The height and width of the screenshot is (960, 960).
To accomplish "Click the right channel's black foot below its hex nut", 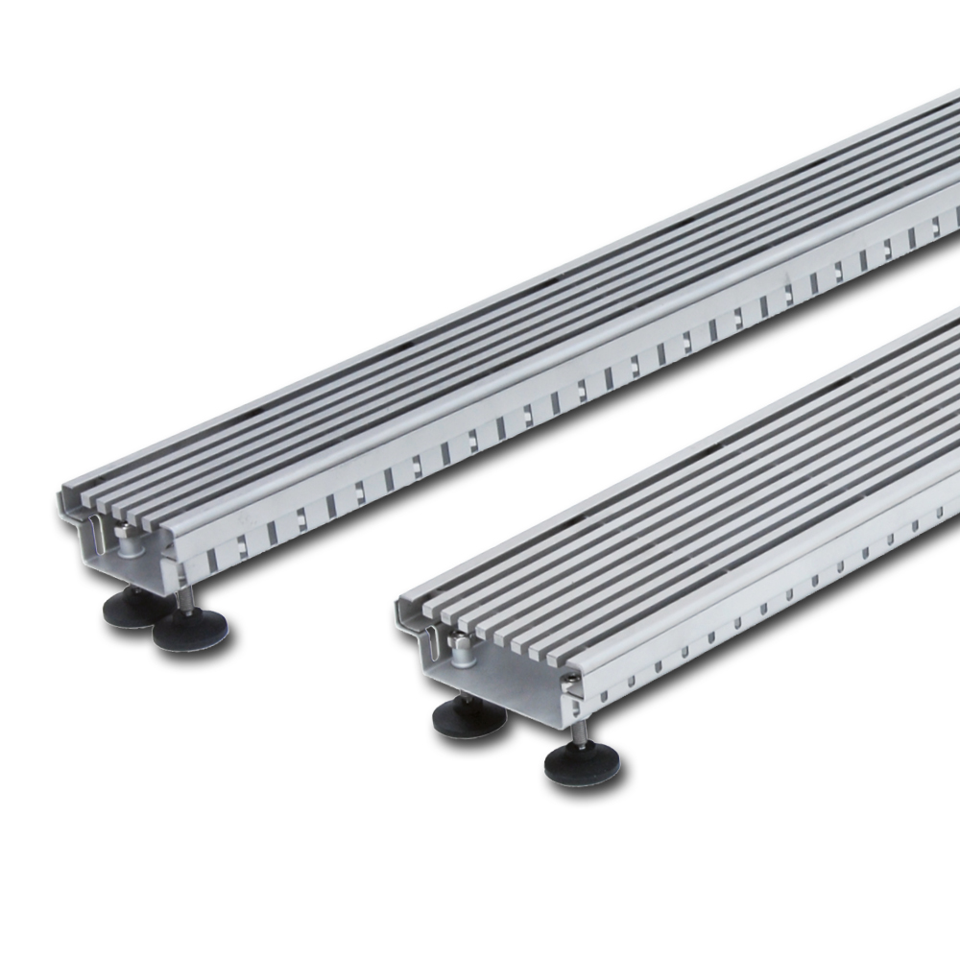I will point(468,716).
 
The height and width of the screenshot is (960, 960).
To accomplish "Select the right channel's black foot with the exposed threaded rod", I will point(582,763).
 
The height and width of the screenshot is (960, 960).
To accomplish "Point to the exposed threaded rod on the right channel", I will point(580,732).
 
